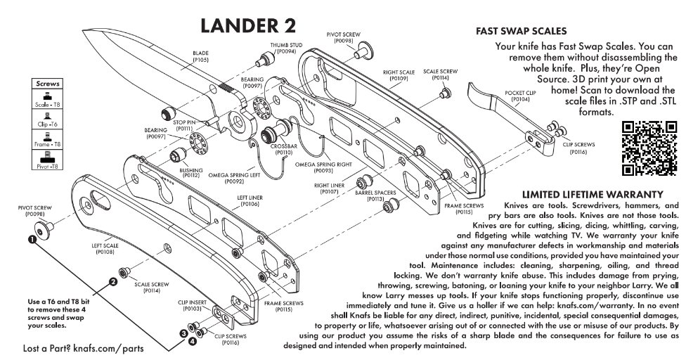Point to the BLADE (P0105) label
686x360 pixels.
point(200,56)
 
